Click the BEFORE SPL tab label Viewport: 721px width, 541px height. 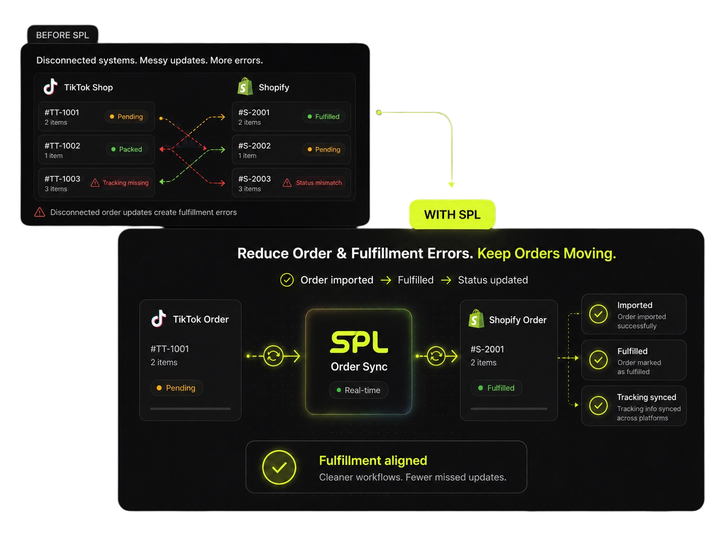(62, 35)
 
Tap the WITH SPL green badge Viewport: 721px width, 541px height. (452, 214)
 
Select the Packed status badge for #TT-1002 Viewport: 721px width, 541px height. (126, 149)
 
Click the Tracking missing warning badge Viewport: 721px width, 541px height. (120, 183)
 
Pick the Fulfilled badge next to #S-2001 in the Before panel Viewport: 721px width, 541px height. (323, 117)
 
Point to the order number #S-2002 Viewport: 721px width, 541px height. (254, 145)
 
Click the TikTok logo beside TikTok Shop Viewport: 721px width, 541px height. (50, 87)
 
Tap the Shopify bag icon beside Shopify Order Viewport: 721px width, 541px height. (476, 319)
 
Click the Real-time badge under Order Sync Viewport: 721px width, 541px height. (359, 390)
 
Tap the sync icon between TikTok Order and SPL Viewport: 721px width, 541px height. (273, 356)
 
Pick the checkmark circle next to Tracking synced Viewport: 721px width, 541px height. (598, 406)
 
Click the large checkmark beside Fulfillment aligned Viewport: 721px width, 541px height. (279, 467)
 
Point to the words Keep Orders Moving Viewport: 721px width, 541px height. (546, 253)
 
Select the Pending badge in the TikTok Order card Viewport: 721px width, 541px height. (176, 388)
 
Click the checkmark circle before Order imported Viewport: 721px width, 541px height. (287, 280)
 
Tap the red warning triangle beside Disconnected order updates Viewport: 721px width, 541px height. (40, 212)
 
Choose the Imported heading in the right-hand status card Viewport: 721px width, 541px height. (635, 305)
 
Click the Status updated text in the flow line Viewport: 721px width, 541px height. (493, 280)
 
